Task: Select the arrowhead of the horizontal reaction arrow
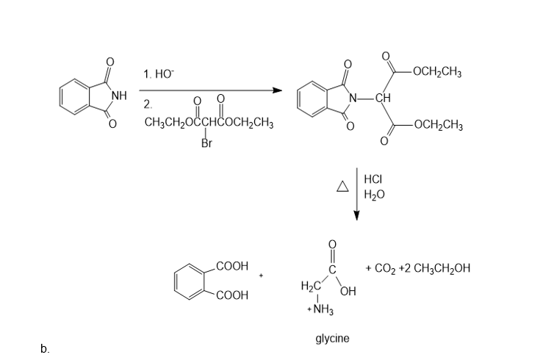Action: click(x=277, y=90)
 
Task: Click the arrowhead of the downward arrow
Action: click(x=357, y=215)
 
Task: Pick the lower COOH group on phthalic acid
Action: click(x=233, y=295)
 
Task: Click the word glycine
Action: click(x=332, y=339)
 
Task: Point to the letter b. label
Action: click(x=46, y=348)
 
